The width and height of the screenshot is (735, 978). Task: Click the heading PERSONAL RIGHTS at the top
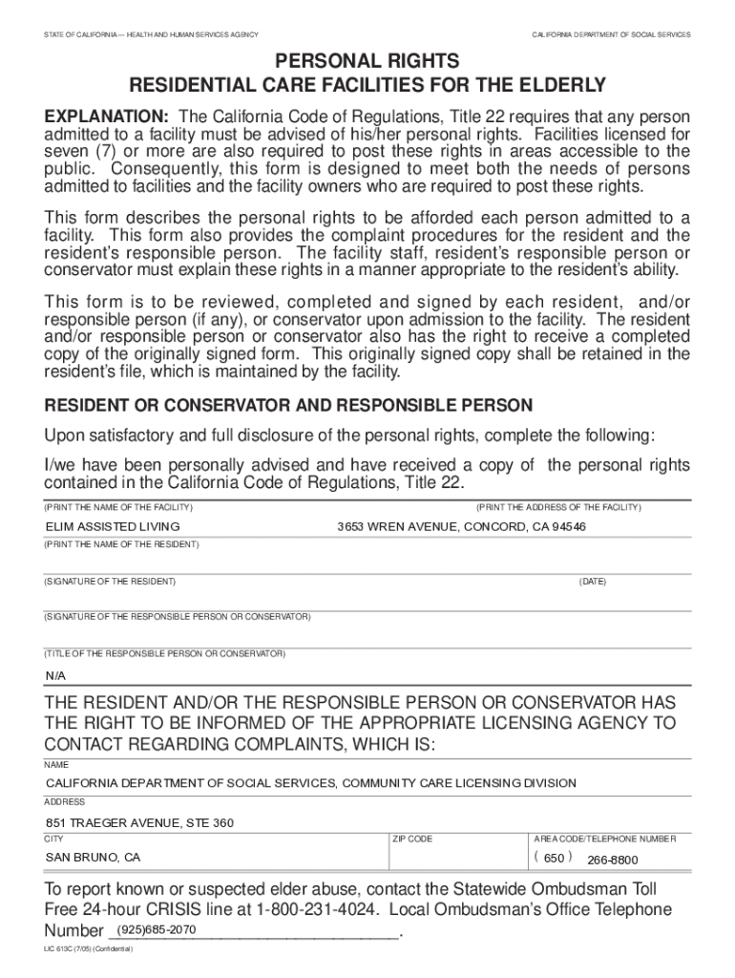(367, 61)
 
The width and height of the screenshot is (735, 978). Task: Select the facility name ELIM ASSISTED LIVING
(113, 526)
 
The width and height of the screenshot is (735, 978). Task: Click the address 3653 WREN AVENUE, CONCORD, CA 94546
(461, 526)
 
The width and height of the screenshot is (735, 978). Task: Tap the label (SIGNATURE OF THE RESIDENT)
(110, 582)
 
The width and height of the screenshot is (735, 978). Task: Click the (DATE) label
(592, 582)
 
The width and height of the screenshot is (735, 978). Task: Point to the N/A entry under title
(55, 675)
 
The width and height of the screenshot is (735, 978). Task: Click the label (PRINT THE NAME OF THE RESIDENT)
(121, 544)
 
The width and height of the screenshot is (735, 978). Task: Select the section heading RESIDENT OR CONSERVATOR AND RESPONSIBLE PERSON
(288, 406)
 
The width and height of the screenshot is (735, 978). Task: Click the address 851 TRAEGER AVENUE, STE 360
(140, 822)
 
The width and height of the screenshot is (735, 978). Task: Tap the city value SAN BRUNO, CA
(94, 857)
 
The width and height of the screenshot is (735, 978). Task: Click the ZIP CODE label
(412, 839)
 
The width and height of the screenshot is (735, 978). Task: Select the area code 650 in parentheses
(554, 857)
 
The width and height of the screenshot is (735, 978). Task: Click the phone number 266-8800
(613, 859)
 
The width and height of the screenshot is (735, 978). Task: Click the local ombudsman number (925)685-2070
(156, 929)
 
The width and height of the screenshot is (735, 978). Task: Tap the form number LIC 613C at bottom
(62, 951)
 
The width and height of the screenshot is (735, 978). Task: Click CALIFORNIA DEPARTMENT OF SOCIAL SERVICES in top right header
(611, 34)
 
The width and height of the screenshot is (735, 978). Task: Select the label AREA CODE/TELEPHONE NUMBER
(604, 839)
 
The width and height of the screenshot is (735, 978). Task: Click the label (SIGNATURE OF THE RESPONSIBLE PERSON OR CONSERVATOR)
(177, 617)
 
